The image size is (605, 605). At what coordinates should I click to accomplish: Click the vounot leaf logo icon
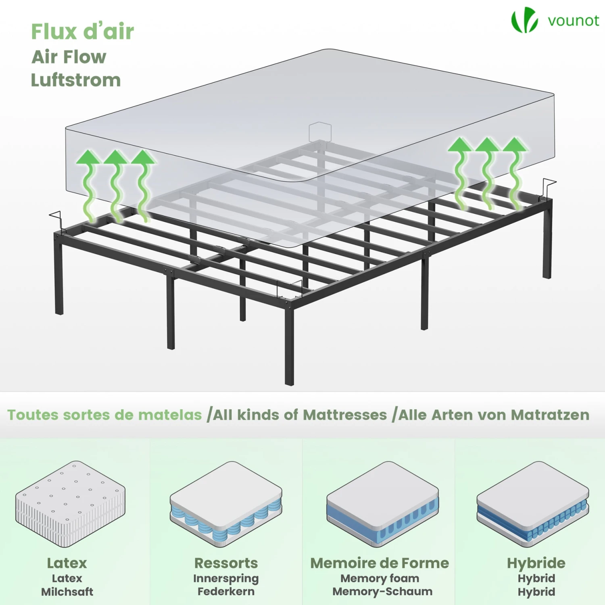pyautogui.click(x=524, y=20)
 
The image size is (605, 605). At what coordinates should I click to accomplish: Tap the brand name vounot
pyautogui.click(x=574, y=21)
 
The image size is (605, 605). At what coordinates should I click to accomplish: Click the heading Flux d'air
pyautogui.click(x=83, y=31)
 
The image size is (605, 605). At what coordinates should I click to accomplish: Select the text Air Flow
pyautogui.click(x=69, y=57)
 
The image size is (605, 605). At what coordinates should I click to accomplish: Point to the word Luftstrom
pyautogui.click(x=76, y=80)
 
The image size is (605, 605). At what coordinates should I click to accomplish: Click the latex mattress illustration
pyautogui.click(x=70, y=504)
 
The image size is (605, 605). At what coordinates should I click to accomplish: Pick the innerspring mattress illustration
pyautogui.click(x=226, y=504)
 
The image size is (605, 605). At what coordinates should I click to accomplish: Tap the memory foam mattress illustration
pyautogui.click(x=382, y=504)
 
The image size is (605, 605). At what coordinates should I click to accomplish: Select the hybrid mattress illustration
pyautogui.click(x=533, y=504)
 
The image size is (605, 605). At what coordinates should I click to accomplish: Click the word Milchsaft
pyautogui.click(x=67, y=592)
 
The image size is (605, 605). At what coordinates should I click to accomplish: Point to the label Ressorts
pyautogui.click(x=226, y=563)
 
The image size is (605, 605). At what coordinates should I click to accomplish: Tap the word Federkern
pyautogui.click(x=226, y=592)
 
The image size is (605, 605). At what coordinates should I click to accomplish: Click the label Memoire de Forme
pyautogui.click(x=380, y=563)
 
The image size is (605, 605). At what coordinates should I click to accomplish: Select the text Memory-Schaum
pyautogui.click(x=382, y=592)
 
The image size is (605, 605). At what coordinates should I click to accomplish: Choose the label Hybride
pyautogui.click(x=536, y=563)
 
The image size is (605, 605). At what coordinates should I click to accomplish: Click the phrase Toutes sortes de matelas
pyautogui.click(x=104, y=415)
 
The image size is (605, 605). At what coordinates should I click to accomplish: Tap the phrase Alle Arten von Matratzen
pyautogui.click(x=494, y=415)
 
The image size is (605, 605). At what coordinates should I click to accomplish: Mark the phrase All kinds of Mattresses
pyautogui.click(x=300, y=415)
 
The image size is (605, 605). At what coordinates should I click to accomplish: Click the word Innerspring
pyautogui.click(x=226, y=578)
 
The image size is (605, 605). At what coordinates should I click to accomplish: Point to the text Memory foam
pyautogui.click(x=380, y=578)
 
